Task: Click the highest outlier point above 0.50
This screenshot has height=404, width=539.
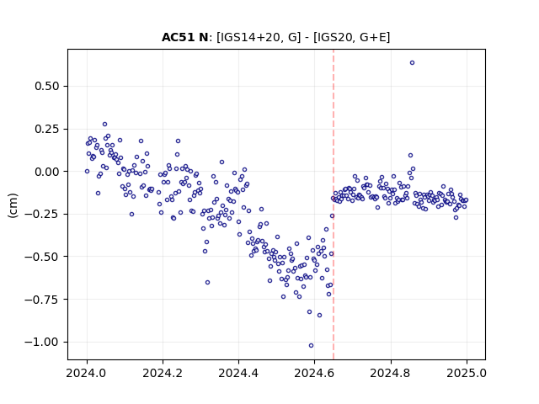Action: [x=412, y=62]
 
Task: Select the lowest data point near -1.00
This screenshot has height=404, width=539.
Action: [x=311, y=346]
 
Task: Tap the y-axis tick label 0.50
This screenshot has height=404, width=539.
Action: [x=47, y=86]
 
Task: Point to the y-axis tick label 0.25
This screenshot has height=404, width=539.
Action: [x=47, y=129]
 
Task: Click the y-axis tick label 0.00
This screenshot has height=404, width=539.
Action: [x=47, y=172]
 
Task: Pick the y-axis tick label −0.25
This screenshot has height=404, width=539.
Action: [x=42, y=214]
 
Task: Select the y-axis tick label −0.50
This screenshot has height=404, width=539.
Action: [x=42, y=257]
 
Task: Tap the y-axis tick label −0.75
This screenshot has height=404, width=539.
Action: [x=42, y=300]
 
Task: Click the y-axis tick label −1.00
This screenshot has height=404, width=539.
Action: [x=42, y=343]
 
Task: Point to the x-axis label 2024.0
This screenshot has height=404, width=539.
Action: [x=87, y=373]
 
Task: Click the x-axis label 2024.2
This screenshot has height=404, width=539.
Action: [x=163, y=373]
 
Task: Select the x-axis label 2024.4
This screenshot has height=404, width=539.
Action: [x=238, y=373]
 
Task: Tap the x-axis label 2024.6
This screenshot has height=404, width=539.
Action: [x=314, y=373]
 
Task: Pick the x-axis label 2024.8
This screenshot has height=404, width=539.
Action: [x=391, y=373]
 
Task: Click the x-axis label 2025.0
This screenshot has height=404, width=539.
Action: [x=467, y=373]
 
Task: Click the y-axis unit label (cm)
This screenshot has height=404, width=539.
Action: [x=13, y=205]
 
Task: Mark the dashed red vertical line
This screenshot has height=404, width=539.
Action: [x=334, y=205]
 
